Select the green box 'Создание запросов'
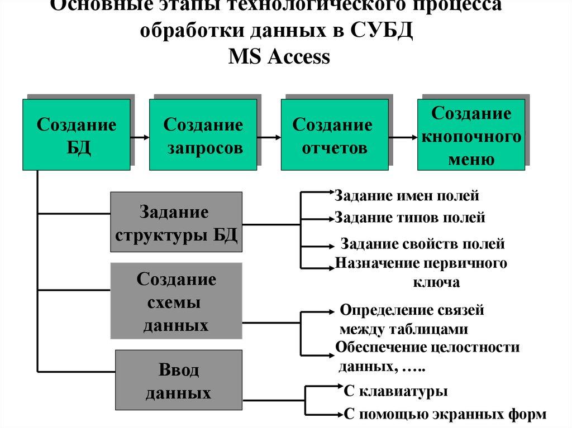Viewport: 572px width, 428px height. point(203,134)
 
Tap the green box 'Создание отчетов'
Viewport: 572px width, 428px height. point(334,134)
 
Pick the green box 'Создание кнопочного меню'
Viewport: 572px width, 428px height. point(471,134)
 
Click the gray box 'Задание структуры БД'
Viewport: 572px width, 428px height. point(176,224)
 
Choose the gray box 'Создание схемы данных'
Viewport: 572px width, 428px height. point(176,301)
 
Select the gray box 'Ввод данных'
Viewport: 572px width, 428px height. point(178,380)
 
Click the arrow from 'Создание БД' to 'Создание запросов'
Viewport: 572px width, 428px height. point(140,136)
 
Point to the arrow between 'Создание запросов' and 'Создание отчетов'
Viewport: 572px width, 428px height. point(269,136)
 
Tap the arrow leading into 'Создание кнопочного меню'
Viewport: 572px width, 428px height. point(403,136)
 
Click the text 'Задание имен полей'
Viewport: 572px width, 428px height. point(407,196)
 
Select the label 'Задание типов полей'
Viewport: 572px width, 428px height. point(409,218)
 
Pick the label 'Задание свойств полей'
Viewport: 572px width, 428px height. point(422,244)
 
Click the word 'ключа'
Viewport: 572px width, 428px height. point(436,282)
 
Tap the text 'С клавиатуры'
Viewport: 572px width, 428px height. point(395,391)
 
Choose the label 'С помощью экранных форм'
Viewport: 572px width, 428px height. point(445,415)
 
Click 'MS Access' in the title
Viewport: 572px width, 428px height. point(279,57)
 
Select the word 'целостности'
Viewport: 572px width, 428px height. point(475,348)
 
